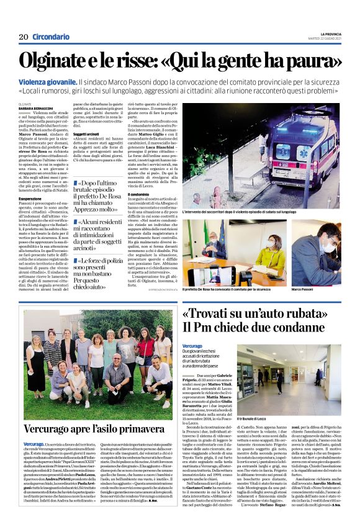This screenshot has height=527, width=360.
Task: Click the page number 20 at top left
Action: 23,37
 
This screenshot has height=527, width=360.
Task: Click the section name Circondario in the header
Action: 50,37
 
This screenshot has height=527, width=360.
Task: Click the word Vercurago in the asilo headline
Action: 52,429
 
